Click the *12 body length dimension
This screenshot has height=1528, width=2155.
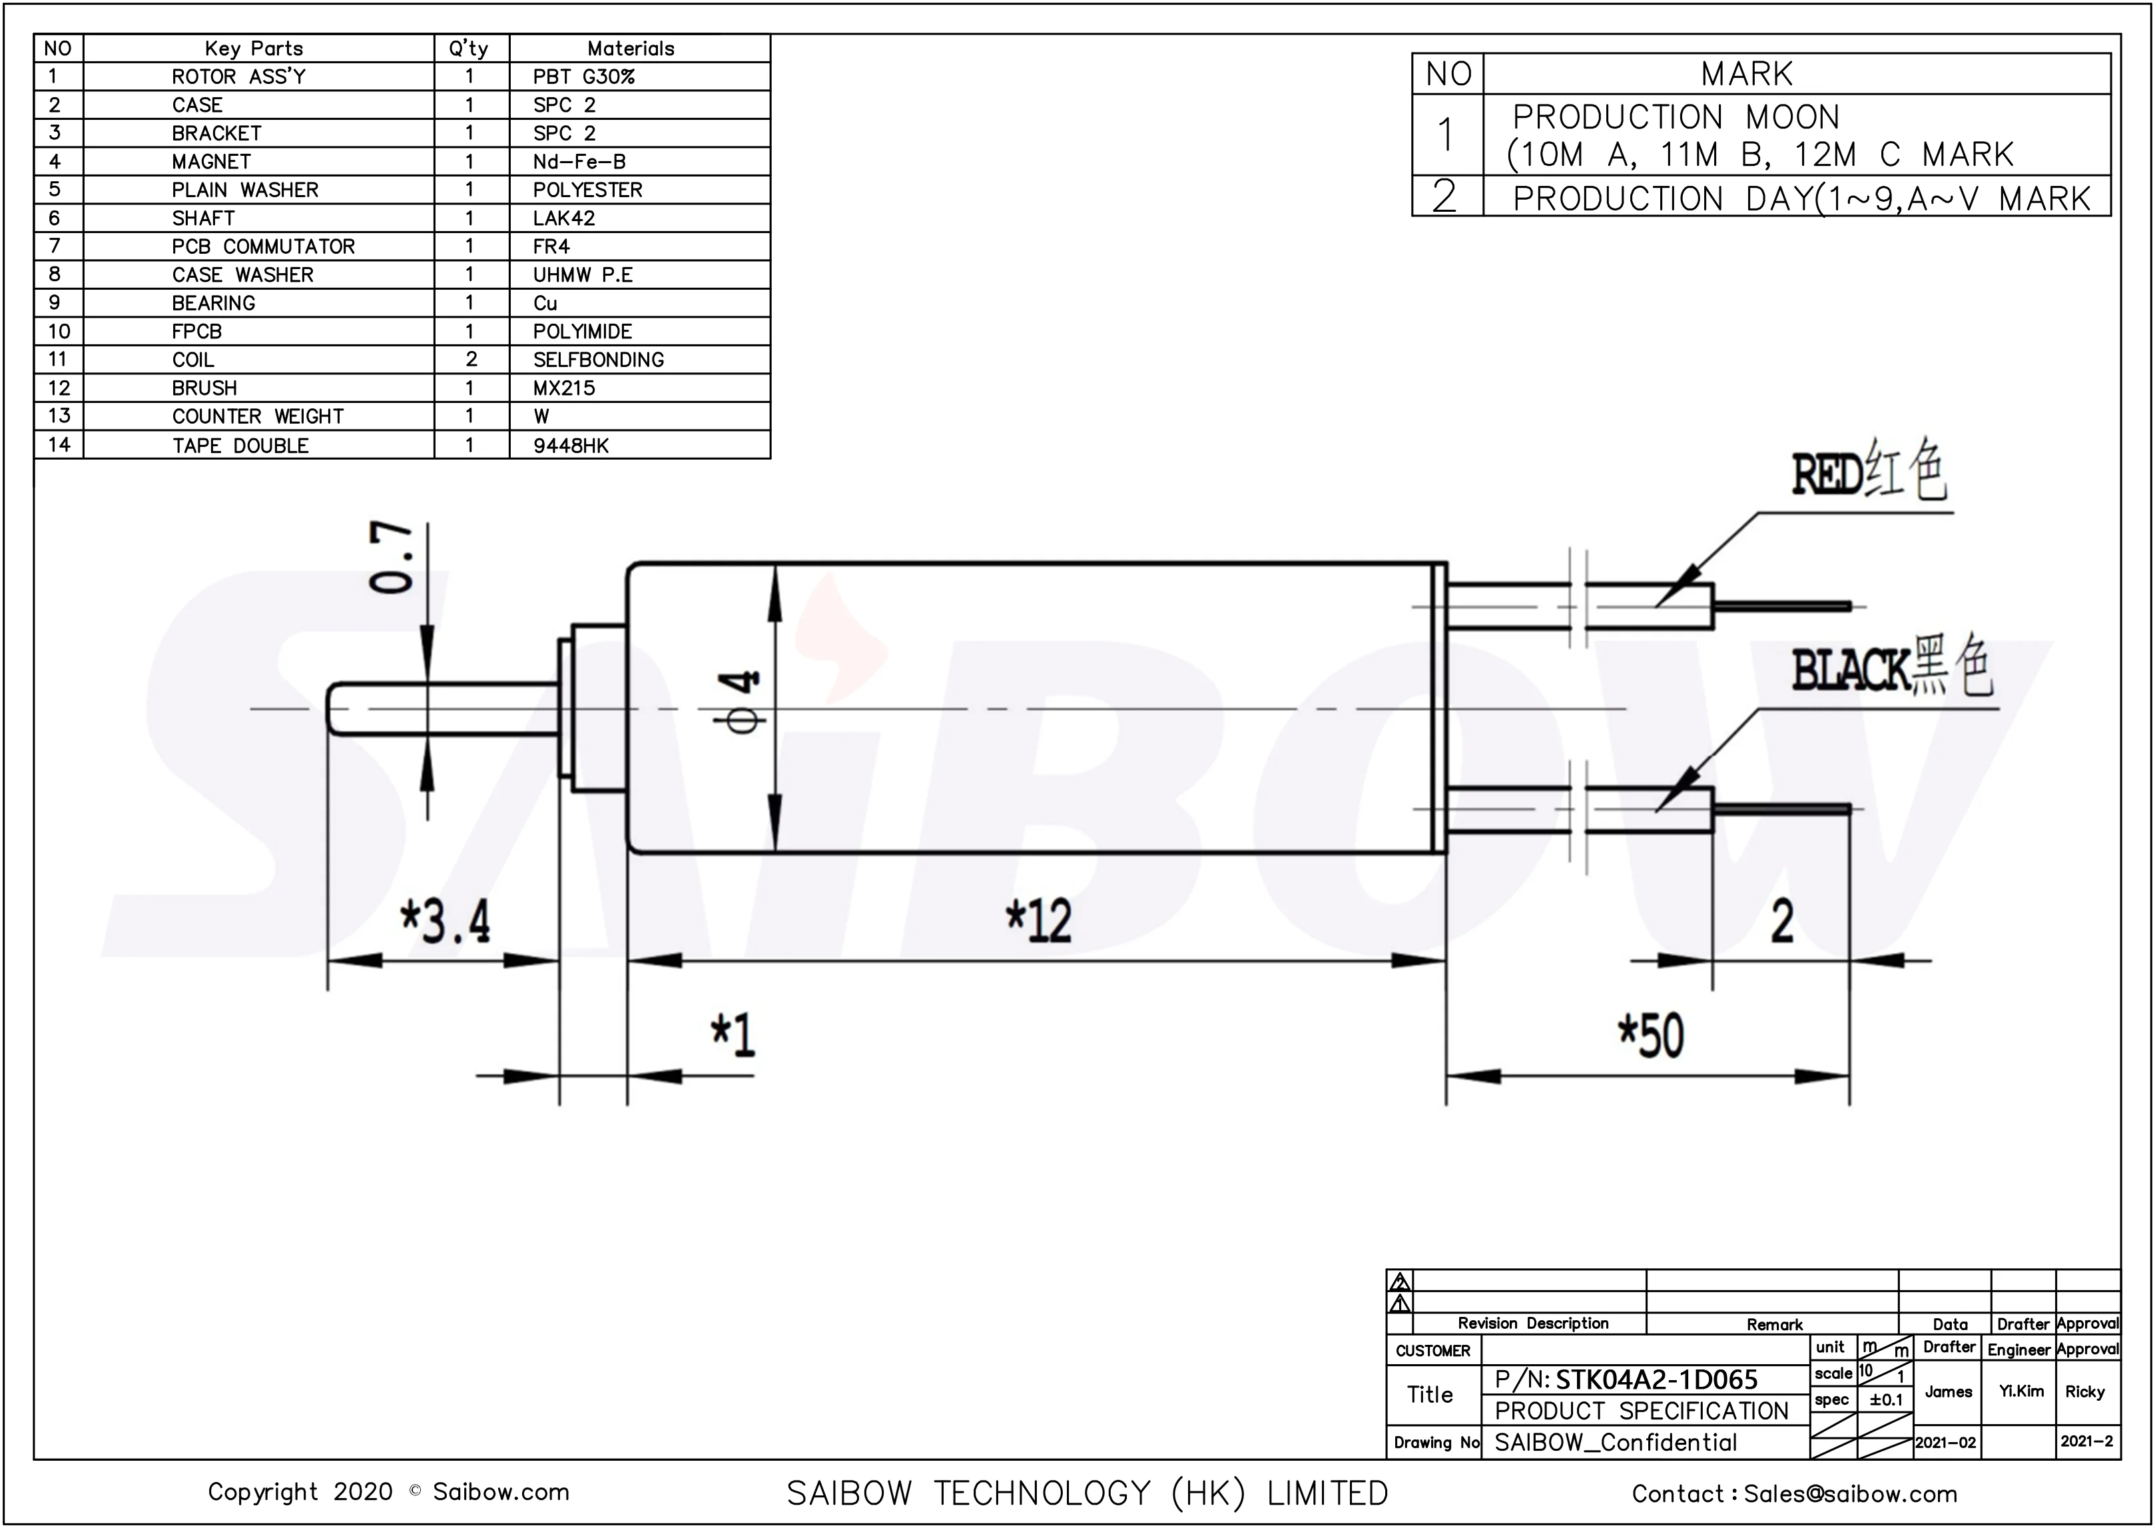coord(1038,920)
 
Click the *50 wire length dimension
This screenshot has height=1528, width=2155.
coord(1652,1036)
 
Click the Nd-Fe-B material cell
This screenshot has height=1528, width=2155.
coord(579,162)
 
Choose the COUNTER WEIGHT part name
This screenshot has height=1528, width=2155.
coord(258,416)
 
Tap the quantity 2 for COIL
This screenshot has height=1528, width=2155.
coord(471,360)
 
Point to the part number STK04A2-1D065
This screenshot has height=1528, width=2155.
coord(1656,1379)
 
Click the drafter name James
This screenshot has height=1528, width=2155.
coord(1948,1391)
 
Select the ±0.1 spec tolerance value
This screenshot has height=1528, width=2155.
coord(1886,1399)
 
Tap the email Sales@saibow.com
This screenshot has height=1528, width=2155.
coord(1849,1493)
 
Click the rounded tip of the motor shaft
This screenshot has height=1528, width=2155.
coord(331,709)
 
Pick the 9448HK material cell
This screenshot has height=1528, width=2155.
coord(571,445)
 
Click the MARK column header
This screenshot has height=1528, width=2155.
coord(1747,73)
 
